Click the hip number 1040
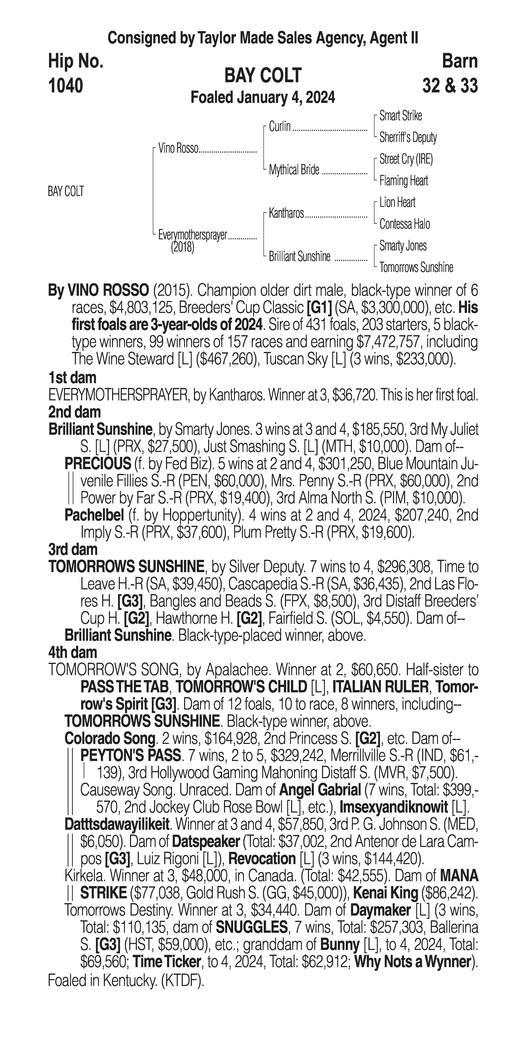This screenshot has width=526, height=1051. (x=66, y=86)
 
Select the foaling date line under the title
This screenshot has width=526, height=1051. (x=263, y=97)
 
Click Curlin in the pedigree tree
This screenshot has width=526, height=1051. (x=280, y=126)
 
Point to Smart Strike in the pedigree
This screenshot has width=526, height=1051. (x=400, y=116)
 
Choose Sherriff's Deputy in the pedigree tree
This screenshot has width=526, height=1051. (x=408, y=138)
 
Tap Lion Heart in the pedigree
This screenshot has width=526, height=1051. (x=397, y=202)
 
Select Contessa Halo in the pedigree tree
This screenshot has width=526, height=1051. (x=405, y=224)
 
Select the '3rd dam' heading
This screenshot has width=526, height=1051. (x=73, y=550)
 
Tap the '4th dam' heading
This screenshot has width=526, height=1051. (x=73, y=652)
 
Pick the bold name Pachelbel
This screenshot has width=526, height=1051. (x=94, y=515)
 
